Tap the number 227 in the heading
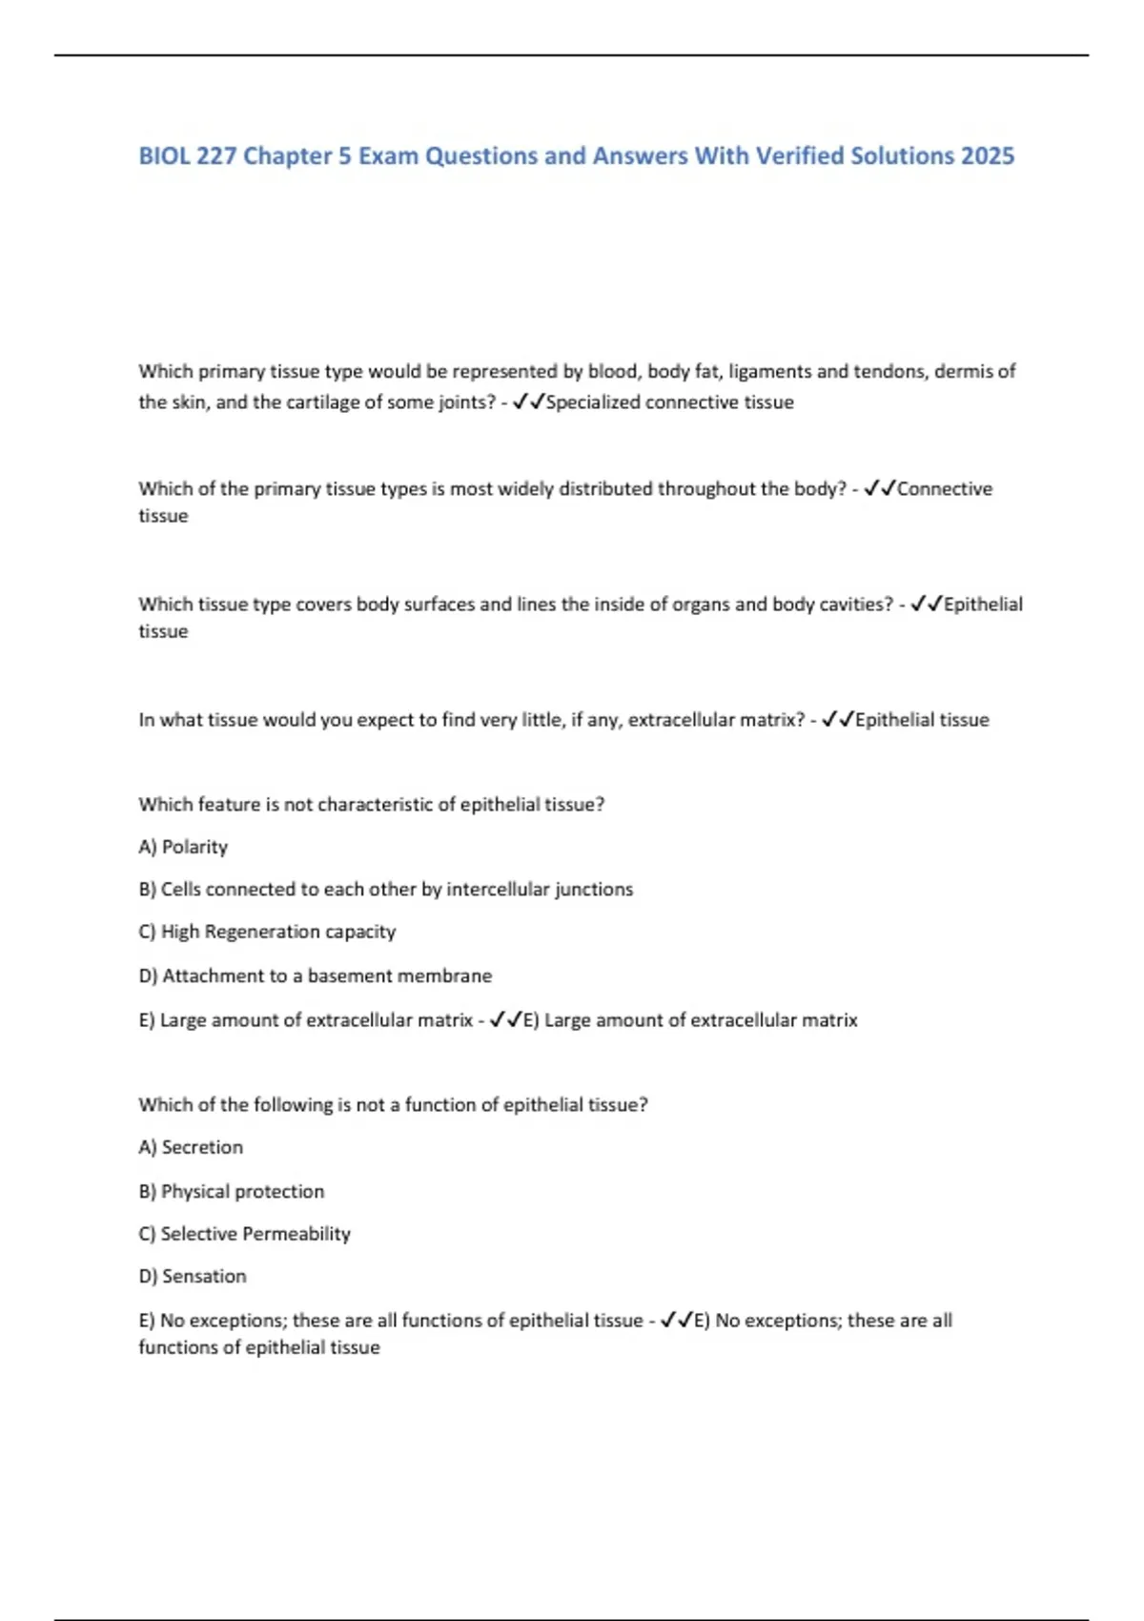click(x=215, y=155)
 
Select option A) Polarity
click(x=183, y=847)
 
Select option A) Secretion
click(x=191, y=1147)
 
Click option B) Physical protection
click(x=232, y=1191)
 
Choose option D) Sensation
click(x=193, y=1276)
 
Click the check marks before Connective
click(x=879, y=488)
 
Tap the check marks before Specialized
click(x=528, y=402)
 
